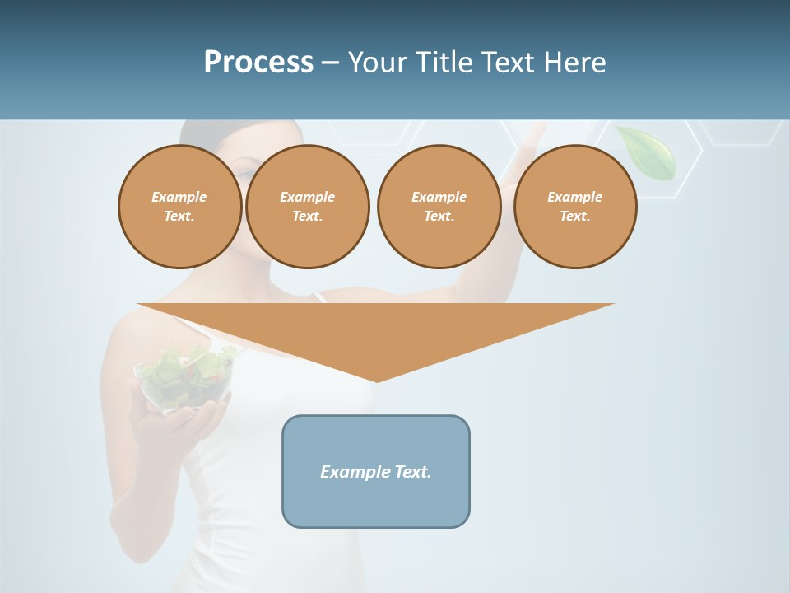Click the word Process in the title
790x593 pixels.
258,63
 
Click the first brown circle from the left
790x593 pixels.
180,207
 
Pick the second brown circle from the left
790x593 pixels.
308,207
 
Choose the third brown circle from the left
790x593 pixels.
439,207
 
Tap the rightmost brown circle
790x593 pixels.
575,207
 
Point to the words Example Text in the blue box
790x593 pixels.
376,472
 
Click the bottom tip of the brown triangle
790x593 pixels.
377,380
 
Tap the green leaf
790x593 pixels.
648,152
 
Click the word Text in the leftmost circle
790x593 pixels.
179,217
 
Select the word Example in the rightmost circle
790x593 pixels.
575,197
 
